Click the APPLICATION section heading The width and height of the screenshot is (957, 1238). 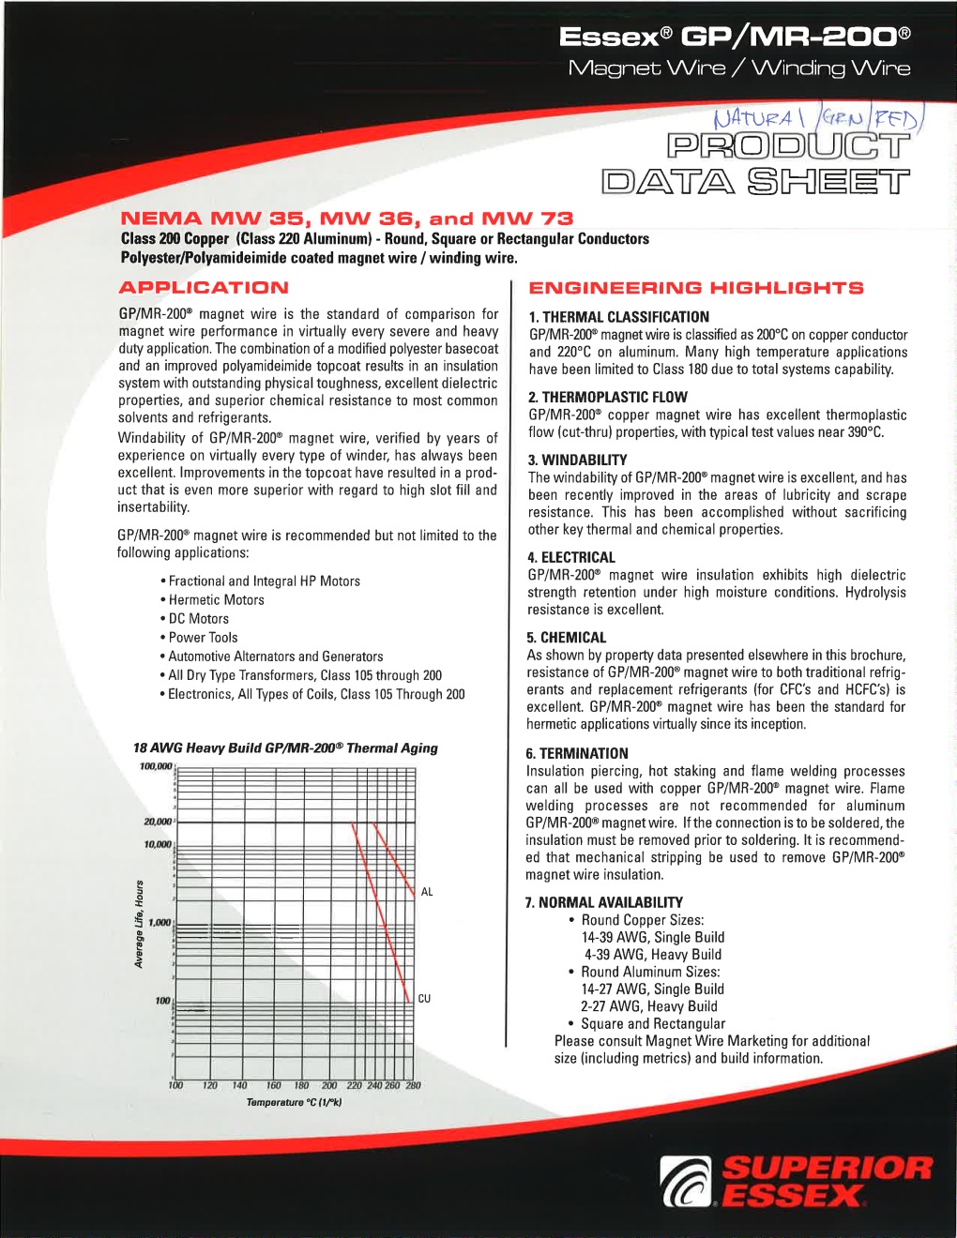pyautogui.click(x=204, y=288)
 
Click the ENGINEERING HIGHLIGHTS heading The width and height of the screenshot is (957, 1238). pyautogui.click(x=695, y=288)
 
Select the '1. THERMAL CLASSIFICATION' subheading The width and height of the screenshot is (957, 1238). pyautogui.click(x=618, y=317)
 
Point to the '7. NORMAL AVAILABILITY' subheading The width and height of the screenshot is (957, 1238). pyautogui.click(x=604, y=902)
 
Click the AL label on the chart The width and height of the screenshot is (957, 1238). pyautogui.click(x=427, y=892)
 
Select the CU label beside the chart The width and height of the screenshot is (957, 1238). pyautogui.click(x=424, y=999)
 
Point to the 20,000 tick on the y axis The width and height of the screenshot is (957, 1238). pyautogui.click(x=158, y=822)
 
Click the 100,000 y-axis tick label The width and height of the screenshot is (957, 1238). pyautogui.click(x=156, y=767)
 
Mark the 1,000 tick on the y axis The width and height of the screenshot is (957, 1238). pyautogui.click(x=160, y=923)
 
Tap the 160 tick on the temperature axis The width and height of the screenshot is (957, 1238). pyautogui.click(x=274, y=1086)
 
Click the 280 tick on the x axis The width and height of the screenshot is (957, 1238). pyautogui.click(x=413, y=1086)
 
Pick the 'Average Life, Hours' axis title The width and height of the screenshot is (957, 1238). pyautogui.click(x=139, y=924)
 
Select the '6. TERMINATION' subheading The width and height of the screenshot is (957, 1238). pyautogui.click(x=577, y=753)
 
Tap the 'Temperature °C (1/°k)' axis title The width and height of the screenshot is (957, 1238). pyautogui.click(x=294, y=1102)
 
